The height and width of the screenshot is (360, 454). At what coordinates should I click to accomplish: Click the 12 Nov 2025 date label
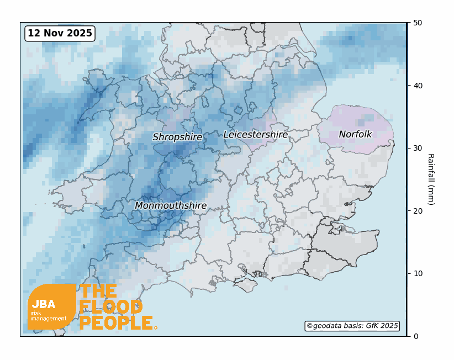pos(60,33)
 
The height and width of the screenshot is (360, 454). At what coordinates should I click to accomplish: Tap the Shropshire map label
pos(177,137)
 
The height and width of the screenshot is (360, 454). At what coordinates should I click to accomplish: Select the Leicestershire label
pos(255,135)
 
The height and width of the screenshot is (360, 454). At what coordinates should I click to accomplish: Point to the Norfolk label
pos(355,135)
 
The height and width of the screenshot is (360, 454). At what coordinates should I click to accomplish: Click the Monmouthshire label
pos(171,206)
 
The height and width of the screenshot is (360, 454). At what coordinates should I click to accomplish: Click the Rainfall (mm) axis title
pos(431,179)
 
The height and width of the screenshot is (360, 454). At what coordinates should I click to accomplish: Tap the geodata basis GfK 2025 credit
pos(352,326)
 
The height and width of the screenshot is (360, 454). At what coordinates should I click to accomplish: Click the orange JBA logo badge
pos(51,307)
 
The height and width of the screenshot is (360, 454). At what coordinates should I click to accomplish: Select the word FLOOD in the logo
pos(111,308)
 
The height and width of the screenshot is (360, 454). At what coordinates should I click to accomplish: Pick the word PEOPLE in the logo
pos(116,324)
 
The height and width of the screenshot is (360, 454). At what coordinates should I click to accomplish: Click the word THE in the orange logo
pos(98,292)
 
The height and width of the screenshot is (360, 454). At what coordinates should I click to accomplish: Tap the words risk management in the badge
pos(49,316)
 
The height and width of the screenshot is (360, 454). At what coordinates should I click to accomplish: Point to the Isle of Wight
pos(247,285)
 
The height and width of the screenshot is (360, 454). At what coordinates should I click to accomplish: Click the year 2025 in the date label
pos(80,33)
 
